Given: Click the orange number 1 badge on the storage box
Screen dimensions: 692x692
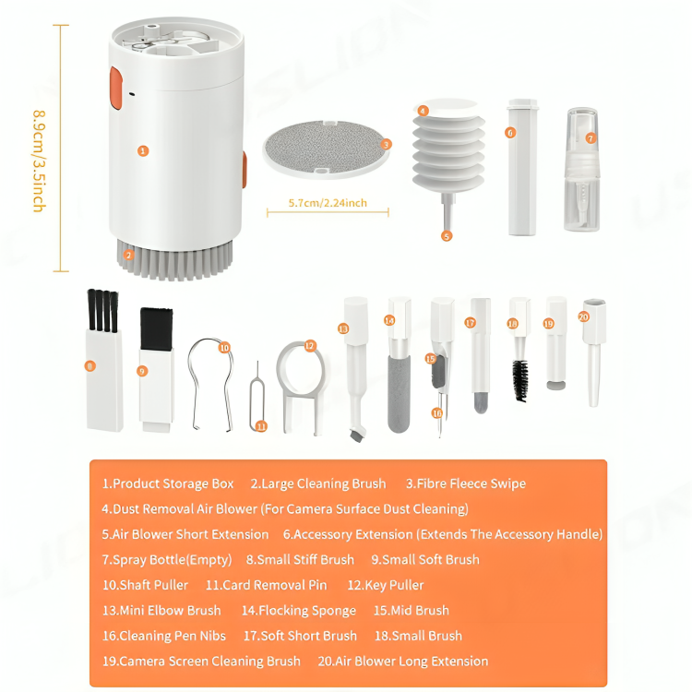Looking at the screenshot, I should (x=143, y=150).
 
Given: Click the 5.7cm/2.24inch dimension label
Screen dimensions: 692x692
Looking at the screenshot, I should (x=328, y=203).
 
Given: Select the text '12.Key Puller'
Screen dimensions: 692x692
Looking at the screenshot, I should (x=386, y=585).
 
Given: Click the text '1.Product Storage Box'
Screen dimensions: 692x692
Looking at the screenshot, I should (x=168, y=483).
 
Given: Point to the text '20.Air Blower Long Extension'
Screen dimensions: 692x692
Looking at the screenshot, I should (x=403, y=661).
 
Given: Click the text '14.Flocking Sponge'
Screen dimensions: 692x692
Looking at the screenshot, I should (x=298, y=610).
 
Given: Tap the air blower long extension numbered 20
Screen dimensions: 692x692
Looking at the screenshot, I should (x=591, y=355).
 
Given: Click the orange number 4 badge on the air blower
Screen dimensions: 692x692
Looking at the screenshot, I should (x=424, y=111).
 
